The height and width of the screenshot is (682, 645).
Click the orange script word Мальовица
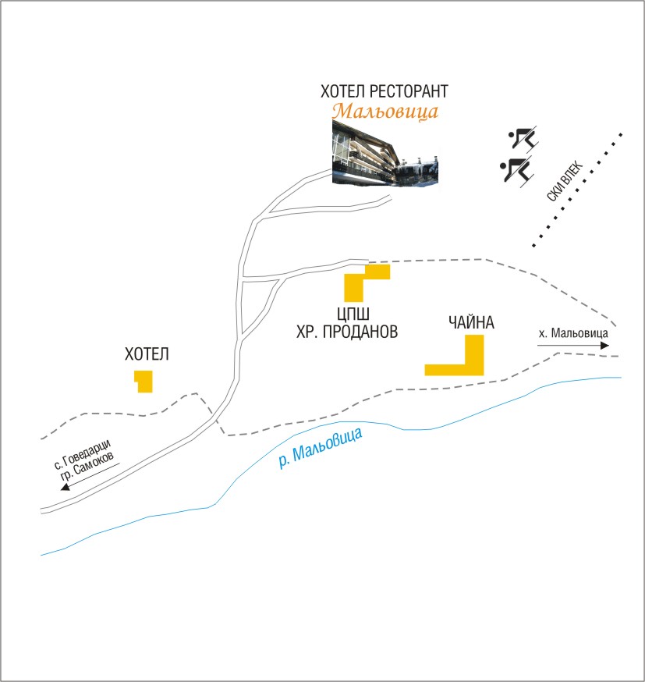coord(385,111)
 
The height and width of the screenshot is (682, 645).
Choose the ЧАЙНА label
coord(471,321)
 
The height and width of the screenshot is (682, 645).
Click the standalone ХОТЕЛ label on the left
coord(147,354)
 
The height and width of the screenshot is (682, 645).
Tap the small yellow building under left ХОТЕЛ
coord(144,382)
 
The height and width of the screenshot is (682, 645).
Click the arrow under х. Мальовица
coord(573,345)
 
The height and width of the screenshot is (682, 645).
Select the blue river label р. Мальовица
coord(321,448)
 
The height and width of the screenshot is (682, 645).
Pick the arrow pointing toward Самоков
coord(90,475)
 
